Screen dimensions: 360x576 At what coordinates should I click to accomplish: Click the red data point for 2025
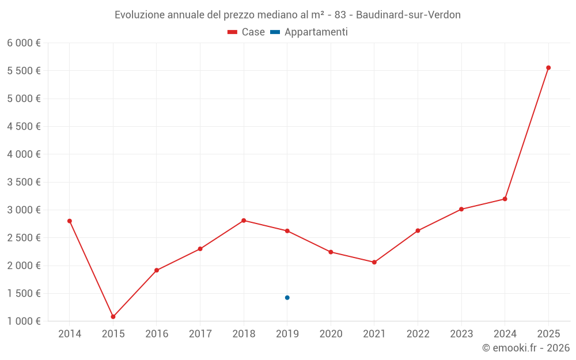[548, 68]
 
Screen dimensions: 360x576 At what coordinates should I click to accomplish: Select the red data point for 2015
[113, 317]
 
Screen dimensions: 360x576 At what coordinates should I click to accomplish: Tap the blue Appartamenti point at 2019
[287, 298]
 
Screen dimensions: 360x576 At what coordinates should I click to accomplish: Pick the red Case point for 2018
[244, 221]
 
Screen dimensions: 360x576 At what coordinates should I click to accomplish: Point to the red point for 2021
[374, 262]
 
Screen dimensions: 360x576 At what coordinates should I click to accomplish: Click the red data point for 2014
[70, 221]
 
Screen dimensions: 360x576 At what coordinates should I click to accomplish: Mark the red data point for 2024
[505, 199]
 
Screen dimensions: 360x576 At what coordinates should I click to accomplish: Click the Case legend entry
[246, 32]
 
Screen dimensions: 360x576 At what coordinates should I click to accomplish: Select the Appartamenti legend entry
[309, 32]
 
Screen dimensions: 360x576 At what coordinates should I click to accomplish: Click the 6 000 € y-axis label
[24, 43]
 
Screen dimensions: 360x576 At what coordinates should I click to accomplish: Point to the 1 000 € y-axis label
[24, 321]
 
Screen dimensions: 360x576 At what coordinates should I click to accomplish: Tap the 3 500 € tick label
[24, 182]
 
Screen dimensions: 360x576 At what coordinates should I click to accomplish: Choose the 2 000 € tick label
[24, 266]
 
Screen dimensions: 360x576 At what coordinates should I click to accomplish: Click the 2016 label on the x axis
[157, 334]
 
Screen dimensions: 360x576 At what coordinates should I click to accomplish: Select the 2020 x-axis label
[331, 334]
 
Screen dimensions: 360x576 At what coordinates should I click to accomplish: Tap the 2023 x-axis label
[461, 334]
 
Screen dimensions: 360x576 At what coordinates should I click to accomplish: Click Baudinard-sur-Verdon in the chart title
[408, 15]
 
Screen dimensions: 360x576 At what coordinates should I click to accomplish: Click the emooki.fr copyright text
[526, 348]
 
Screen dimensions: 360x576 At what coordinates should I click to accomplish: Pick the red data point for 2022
[418, 231]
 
